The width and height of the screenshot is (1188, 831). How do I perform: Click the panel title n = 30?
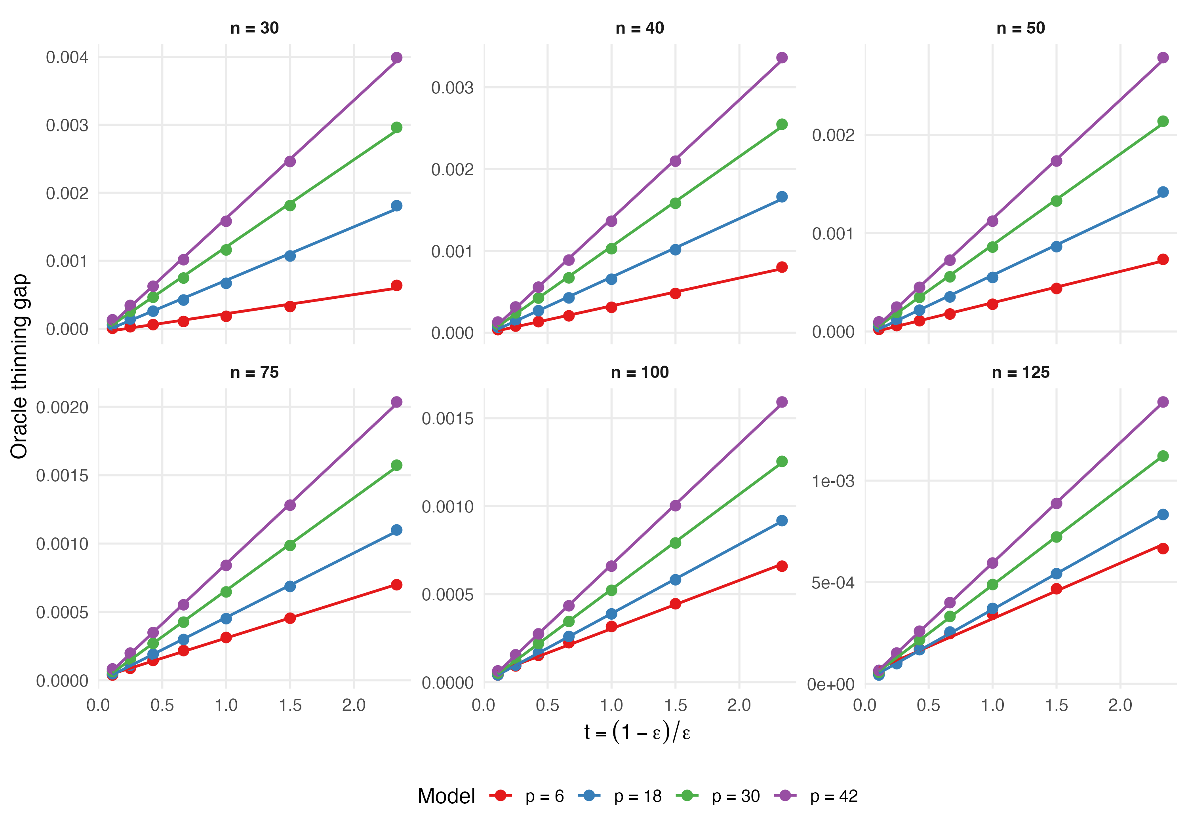[x=255, y=28]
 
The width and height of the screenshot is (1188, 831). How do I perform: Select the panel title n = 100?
[x=640, y=372]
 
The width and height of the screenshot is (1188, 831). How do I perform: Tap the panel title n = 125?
[x=1020, y=372]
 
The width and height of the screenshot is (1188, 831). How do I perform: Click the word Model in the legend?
[x=446, y=796]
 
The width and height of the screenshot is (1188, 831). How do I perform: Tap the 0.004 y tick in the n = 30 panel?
[x=67, y=57]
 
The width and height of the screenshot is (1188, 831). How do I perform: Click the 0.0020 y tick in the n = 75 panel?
[x=62, y=408]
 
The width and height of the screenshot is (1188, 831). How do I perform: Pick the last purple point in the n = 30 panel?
[x=397, y=57]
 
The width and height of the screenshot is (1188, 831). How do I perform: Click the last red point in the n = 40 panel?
[x=782, y=267]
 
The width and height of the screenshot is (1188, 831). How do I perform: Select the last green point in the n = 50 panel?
[x=1163, y=121]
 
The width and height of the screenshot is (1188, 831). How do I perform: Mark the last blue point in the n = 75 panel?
[x=397, y=530]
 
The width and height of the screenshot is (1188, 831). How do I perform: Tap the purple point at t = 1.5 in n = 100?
[x=675, y=505]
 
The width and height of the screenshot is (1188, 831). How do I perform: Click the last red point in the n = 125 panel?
[x=1163, y=548]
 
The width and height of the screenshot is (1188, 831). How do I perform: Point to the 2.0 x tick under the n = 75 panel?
[x=354, y=705]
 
